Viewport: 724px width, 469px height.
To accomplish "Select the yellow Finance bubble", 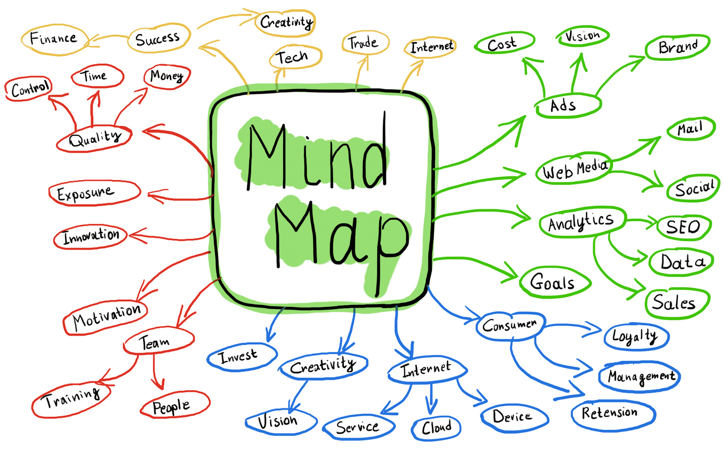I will tap(53, 39).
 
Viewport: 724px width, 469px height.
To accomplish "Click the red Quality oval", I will tap(94, 138).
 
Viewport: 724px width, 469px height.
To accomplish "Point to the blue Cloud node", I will tap(436, 428).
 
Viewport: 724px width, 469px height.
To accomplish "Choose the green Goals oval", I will tap(553, 282).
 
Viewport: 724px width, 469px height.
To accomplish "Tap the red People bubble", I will tap(174, 406).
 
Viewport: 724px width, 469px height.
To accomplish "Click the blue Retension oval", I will tap(612, 413).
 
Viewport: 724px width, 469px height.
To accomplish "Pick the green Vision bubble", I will tap(583, 36).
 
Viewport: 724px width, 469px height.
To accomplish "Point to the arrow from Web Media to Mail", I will tap(636, 149).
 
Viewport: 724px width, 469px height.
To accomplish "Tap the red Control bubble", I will tap(29, 89).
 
